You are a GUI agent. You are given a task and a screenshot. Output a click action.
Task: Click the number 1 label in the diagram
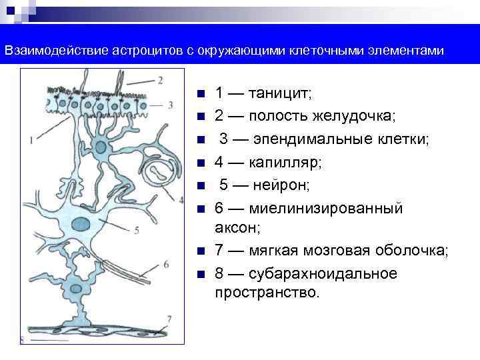tap(31, 140)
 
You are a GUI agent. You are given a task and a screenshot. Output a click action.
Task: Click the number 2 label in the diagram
tap(161, 81)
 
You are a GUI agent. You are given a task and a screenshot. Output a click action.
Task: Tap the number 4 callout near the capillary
tap(181, 199)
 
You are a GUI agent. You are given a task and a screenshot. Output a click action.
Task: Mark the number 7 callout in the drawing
tap(170, 319)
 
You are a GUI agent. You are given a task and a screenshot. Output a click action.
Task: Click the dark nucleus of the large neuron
tap(82, 224)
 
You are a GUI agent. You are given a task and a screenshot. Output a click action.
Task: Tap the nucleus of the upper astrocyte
tap(101, 145)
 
